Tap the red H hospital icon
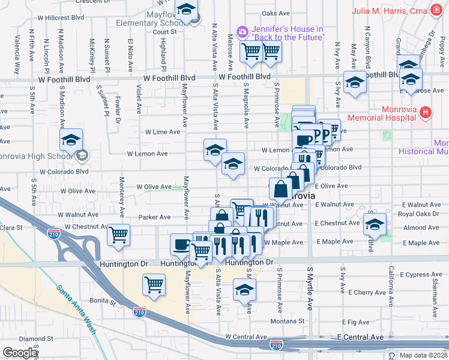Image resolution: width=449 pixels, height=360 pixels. [426, 112]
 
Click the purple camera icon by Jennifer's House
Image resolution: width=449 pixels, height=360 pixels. [242, 31]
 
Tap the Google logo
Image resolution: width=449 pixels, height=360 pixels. [20, 353]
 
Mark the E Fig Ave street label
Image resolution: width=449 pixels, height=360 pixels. [358, 322]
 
